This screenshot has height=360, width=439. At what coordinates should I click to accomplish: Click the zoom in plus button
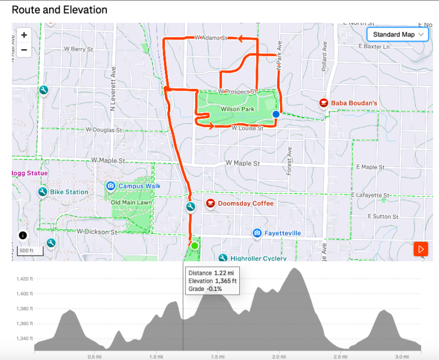tap(24, 35)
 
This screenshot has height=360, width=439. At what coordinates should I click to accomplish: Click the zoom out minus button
tap(24, 49)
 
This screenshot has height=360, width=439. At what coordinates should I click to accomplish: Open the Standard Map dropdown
tap(398, 35)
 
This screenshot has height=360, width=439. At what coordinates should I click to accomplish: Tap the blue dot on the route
tap(276, 114)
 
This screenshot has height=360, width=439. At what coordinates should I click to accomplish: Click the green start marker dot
tap(194, 245)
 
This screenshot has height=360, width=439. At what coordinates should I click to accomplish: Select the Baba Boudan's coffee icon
tap(324, 103)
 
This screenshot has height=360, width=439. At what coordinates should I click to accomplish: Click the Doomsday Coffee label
tap(245, 203)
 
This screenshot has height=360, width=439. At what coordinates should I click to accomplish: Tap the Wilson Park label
tap(237, 110)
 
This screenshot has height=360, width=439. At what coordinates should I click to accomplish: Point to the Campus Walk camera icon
tap(110, 186)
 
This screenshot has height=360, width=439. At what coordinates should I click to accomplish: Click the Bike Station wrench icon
tap(43, 192)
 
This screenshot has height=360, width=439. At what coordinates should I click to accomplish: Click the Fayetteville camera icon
tap(257, 233)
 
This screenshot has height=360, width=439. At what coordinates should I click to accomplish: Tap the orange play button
tap(421, 248)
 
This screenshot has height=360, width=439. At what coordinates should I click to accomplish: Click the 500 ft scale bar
tap(26, 251)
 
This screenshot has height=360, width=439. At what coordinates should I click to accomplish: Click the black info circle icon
tap(23, 236)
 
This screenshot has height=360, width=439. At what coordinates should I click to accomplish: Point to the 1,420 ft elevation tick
tap(25, 279)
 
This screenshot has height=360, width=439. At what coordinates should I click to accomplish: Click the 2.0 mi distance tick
tap(278, 356)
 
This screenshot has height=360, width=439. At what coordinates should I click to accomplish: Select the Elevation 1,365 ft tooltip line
tap(212, 281)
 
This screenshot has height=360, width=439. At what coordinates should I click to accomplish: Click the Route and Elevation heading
tap(59, 10)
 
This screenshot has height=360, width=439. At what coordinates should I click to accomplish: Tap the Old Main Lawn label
tap(131, 202)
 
